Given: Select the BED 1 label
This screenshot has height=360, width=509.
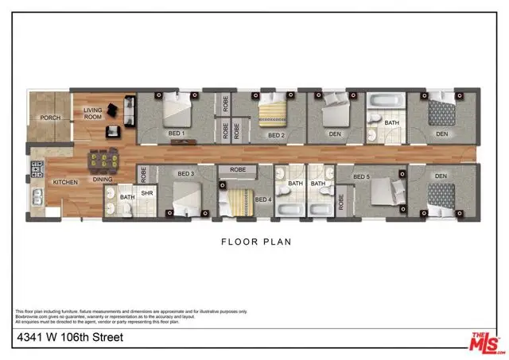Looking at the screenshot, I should tap(176, 133).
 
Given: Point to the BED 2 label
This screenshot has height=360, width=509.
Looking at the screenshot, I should tap(276, 135).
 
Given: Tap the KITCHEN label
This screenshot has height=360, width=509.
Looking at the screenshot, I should tap(64, 182).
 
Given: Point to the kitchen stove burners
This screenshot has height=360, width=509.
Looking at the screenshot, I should tap(35, 168).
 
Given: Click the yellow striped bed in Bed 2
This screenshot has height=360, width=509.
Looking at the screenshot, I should tap(274, 111).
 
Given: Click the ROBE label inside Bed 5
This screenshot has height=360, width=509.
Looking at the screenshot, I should tap(342, 202).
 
